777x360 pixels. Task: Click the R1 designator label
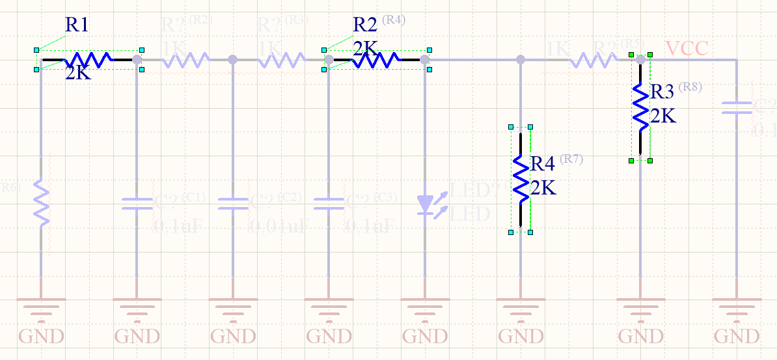[x=77, y=25]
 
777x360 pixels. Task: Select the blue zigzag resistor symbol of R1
[x=87, y=60]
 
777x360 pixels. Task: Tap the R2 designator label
[x=364, y=25]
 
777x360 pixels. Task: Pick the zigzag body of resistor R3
[x=641, y=107]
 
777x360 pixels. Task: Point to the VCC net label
[x=687, y=48]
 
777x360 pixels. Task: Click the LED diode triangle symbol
[x=425, y=204]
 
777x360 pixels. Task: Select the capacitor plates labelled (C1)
[x=137, y=204]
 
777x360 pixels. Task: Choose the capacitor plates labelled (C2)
[x=232, y=204]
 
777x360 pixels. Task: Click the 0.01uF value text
[x=279, y=226]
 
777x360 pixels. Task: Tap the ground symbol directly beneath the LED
[x=425, y=306]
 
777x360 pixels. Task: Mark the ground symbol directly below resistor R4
[x=521, y=306]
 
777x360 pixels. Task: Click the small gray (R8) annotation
[x=690, y=87]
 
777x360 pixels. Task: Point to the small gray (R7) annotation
[x=571, y=158]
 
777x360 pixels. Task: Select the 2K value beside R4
[x=543, y=188]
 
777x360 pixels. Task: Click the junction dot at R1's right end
[x=137, y=59]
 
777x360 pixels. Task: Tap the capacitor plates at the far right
[x=737, y=107]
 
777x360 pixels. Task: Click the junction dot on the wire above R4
[x=521, y=59]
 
